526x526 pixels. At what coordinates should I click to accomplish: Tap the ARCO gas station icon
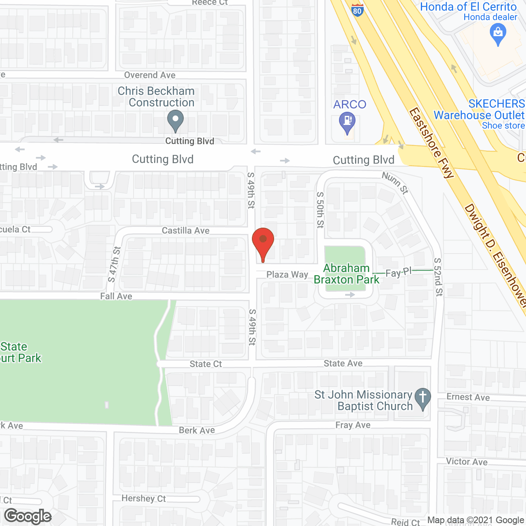(x=347, y=122)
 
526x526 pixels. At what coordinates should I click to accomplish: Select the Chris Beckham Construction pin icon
(x=175, y=121)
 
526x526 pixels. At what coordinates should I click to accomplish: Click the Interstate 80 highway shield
(x=358, y=10)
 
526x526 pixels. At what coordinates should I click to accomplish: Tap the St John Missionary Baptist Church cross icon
(x=422, y=398)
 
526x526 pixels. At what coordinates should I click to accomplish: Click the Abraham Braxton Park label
(x=346, y=274)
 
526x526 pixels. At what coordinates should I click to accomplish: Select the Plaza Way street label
(x=287, y=275)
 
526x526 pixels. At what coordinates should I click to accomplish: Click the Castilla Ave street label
(x=186, y=231)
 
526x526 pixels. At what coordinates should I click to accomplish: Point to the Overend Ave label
(x=150, y=75)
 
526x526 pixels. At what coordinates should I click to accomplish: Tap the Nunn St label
(x=395, y=182)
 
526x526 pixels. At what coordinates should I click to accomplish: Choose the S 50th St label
(x=320, y=210)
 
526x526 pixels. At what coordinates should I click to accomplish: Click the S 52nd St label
(x=438, y=277)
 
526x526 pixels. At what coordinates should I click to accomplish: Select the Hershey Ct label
(x=143, y=498)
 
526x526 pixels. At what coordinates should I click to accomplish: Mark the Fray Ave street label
(x=353, y=425)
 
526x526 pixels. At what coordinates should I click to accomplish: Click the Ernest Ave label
(x=468, y=397)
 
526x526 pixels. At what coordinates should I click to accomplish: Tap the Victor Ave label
(x=467, y=461)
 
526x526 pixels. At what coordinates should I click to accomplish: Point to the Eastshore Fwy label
(x=431, y=143)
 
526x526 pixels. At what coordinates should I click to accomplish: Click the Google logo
(x=28, y=516)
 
